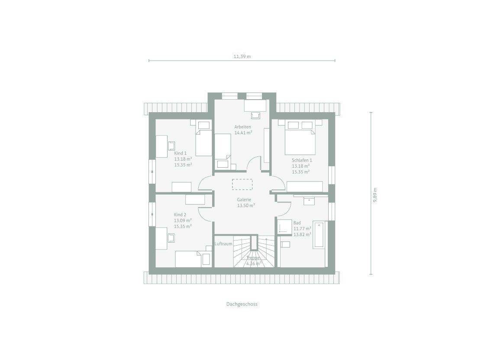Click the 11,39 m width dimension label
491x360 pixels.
pos(242,57)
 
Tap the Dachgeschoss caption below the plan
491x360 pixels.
pos(242,304)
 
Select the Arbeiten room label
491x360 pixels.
pos(242,127)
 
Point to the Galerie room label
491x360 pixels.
pos(244,200)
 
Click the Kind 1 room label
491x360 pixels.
pos(181,153)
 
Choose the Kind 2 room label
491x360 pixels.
pos(180,214)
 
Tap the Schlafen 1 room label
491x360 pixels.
pos(302,160)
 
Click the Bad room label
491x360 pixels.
pos(297,223)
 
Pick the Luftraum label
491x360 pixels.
pos(223,244)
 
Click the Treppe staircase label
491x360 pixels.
pos(253,258)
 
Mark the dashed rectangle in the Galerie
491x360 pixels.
pos(242,184)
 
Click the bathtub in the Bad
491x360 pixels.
pos(319,235)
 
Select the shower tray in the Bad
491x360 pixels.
pos(284,226)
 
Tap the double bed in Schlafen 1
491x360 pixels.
pos(300,137)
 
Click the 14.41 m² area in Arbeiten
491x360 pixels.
pos(243,133)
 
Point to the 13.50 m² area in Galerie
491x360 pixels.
pos(246,205)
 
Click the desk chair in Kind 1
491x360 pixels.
pos(171,146)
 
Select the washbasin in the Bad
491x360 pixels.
pos(309,201)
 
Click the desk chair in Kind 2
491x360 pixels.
pos(171,238)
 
